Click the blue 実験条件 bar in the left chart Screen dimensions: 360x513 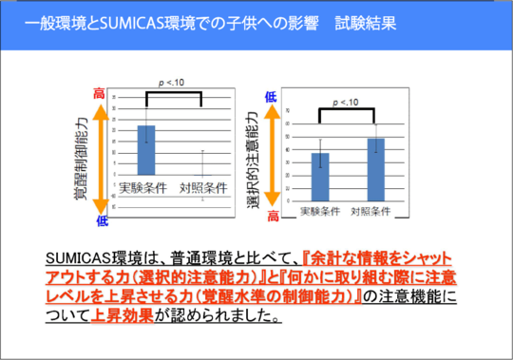point(145,148)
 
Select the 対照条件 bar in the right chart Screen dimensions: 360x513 point(375,168)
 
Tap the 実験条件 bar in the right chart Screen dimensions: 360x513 point(321,176)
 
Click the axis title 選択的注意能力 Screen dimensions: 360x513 point(254,153)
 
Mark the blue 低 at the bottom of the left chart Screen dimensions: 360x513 point(102,220)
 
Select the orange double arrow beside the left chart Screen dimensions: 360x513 point(100,157)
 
